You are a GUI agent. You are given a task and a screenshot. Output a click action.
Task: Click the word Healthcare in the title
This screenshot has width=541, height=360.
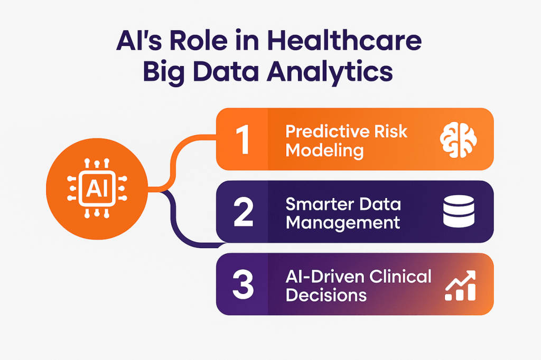point(344,41)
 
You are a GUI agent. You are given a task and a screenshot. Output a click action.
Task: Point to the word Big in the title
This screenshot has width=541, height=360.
point(164,73)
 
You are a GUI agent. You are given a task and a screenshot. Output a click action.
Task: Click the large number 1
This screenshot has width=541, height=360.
point(244,139)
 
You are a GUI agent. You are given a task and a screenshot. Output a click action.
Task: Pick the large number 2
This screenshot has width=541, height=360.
point(244,212)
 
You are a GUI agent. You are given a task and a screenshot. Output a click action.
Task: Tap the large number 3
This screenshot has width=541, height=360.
point(243,285)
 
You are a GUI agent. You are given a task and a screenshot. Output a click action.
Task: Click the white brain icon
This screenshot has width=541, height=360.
point(459,140)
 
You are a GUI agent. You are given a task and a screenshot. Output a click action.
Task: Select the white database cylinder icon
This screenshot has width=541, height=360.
point(459,211)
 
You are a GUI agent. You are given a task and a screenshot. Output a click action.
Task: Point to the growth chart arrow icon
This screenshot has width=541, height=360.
point(460,286)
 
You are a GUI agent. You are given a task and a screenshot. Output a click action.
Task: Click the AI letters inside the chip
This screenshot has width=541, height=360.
point(97,188)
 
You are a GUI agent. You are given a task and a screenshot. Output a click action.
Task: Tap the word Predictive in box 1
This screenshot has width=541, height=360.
point(322,131)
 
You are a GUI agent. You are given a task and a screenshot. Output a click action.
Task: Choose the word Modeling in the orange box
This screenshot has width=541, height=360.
point(324,150)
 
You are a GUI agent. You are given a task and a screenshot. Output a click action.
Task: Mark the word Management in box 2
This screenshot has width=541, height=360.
point(343,223)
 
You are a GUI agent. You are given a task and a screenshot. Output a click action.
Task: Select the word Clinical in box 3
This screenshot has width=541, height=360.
point(400,277)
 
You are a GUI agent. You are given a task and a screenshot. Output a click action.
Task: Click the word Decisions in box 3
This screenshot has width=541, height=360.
point(326,295)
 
